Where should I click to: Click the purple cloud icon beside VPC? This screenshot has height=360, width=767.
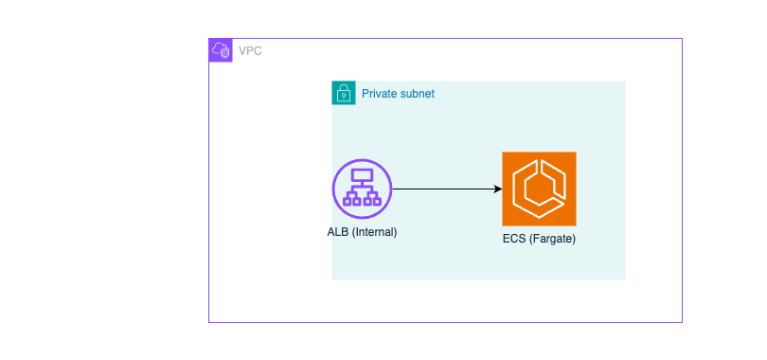(220, 50)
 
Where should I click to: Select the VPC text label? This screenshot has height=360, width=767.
(250, 50)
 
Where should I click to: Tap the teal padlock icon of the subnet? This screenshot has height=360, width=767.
(344, 94)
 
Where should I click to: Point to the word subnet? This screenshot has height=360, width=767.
(417, 94)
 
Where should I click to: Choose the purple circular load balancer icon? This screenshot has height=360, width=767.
(362, 189)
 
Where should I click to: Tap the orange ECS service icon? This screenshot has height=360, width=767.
(539, 189)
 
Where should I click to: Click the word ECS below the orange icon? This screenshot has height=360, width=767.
(514, 239)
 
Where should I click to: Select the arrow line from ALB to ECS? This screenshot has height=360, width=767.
(445, 189)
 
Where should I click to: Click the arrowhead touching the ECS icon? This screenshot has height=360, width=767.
(497, 189)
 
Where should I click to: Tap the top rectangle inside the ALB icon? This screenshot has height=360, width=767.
(362, 175)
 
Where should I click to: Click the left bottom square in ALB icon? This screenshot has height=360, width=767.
(348, 200)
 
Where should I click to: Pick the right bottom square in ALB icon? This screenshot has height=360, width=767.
(375, 200)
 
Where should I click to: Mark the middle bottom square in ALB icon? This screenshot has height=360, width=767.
(362, 200)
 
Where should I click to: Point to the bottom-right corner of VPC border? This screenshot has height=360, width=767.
(682, 323)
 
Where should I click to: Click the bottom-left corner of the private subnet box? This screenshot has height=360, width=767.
(332, 279)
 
